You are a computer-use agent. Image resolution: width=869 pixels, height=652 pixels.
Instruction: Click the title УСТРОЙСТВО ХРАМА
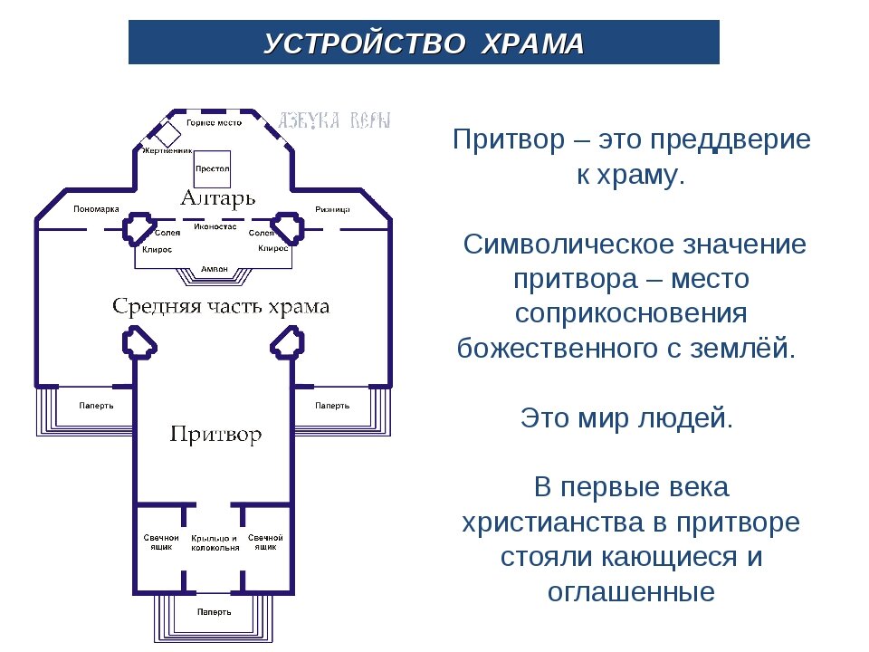[x=424, y=43]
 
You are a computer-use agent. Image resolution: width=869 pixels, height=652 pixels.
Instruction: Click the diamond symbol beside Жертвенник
[x=167, y=134]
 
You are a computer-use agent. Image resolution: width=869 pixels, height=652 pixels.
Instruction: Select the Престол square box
[x=213, y=168]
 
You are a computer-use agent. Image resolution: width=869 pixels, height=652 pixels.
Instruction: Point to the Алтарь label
[x=217, y=197]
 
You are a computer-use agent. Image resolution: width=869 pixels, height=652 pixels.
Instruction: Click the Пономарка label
[x=96, y=209]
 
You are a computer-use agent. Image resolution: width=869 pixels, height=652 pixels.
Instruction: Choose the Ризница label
[x=332, y=209]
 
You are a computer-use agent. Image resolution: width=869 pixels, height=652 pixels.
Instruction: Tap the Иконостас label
[x=215, y=226]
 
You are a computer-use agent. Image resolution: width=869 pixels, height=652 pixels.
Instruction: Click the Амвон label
[x=214, y=269]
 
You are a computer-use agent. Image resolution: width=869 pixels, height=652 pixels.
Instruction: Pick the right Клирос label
[x=272, y=247]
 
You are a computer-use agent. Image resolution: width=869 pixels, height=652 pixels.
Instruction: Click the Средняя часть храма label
[x=221, y=306]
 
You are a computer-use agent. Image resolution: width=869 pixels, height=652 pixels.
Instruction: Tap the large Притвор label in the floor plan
[x=216, y=435]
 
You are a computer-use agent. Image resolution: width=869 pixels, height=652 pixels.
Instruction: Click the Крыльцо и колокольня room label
[x=215, y=543]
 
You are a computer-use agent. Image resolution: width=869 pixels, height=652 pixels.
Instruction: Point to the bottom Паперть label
[x=215, y=612]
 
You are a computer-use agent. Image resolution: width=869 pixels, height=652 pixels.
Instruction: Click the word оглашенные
[x=631, y=592]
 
